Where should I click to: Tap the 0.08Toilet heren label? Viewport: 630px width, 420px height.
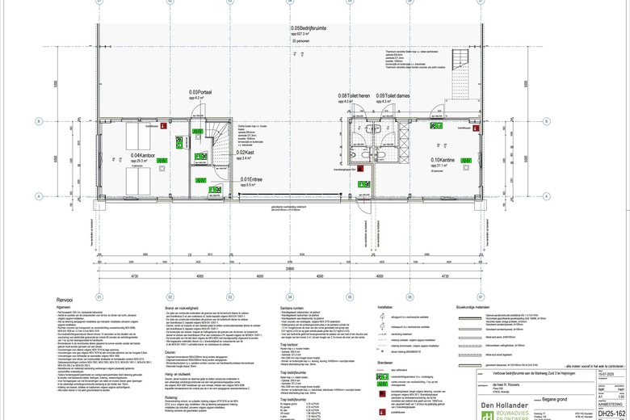pyautogui.click(x=354, y=96)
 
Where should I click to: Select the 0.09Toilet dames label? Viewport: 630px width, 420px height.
pyautogui.click(x=393, y=96)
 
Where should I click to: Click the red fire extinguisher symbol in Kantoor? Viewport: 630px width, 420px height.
pyautogui.click(x=165, y=126)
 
